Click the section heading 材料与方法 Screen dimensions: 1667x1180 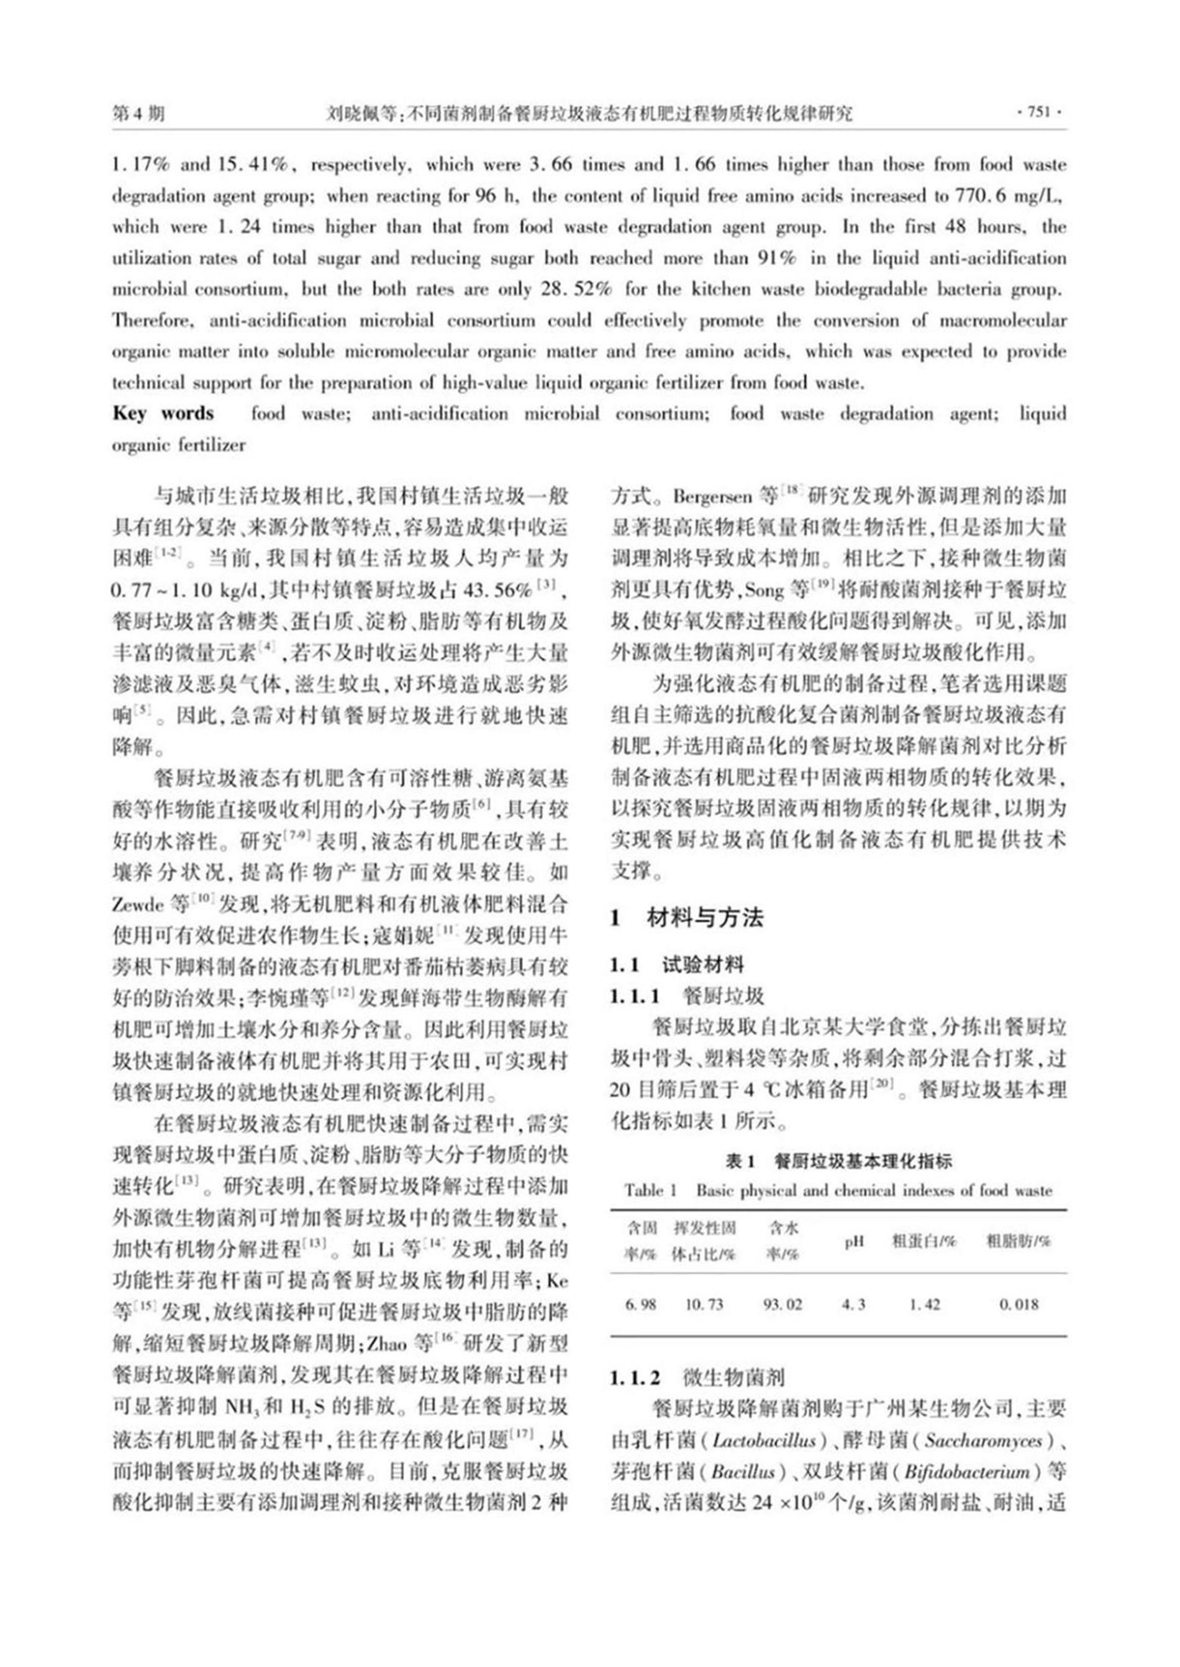tap(705, 917)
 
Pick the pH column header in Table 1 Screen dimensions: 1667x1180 tap(854, 1242)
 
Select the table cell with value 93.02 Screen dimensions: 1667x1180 tap(783, 1304)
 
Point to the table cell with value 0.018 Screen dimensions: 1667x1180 tap(1019, 1304)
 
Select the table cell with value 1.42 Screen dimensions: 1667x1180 tap(924, 1304)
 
